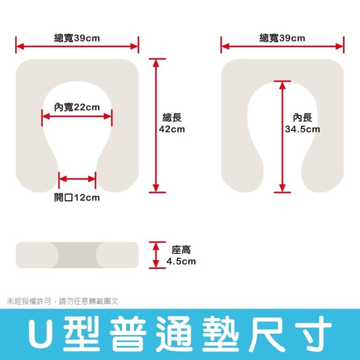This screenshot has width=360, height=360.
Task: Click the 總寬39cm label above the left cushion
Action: coord(77,38)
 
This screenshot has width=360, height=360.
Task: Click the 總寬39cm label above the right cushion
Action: coord(282,38)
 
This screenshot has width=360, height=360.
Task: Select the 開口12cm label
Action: coord(77,198)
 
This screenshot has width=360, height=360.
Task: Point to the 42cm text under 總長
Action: coord(172,129)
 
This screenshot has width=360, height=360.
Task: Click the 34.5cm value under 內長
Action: coord(302,129)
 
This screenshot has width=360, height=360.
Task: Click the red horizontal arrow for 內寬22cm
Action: coord(76,117)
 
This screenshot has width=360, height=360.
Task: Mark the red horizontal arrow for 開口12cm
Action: coord(77,179)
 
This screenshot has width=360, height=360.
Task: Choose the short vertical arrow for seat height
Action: coord(156,255)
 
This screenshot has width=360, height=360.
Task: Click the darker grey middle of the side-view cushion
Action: coord(77,255)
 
